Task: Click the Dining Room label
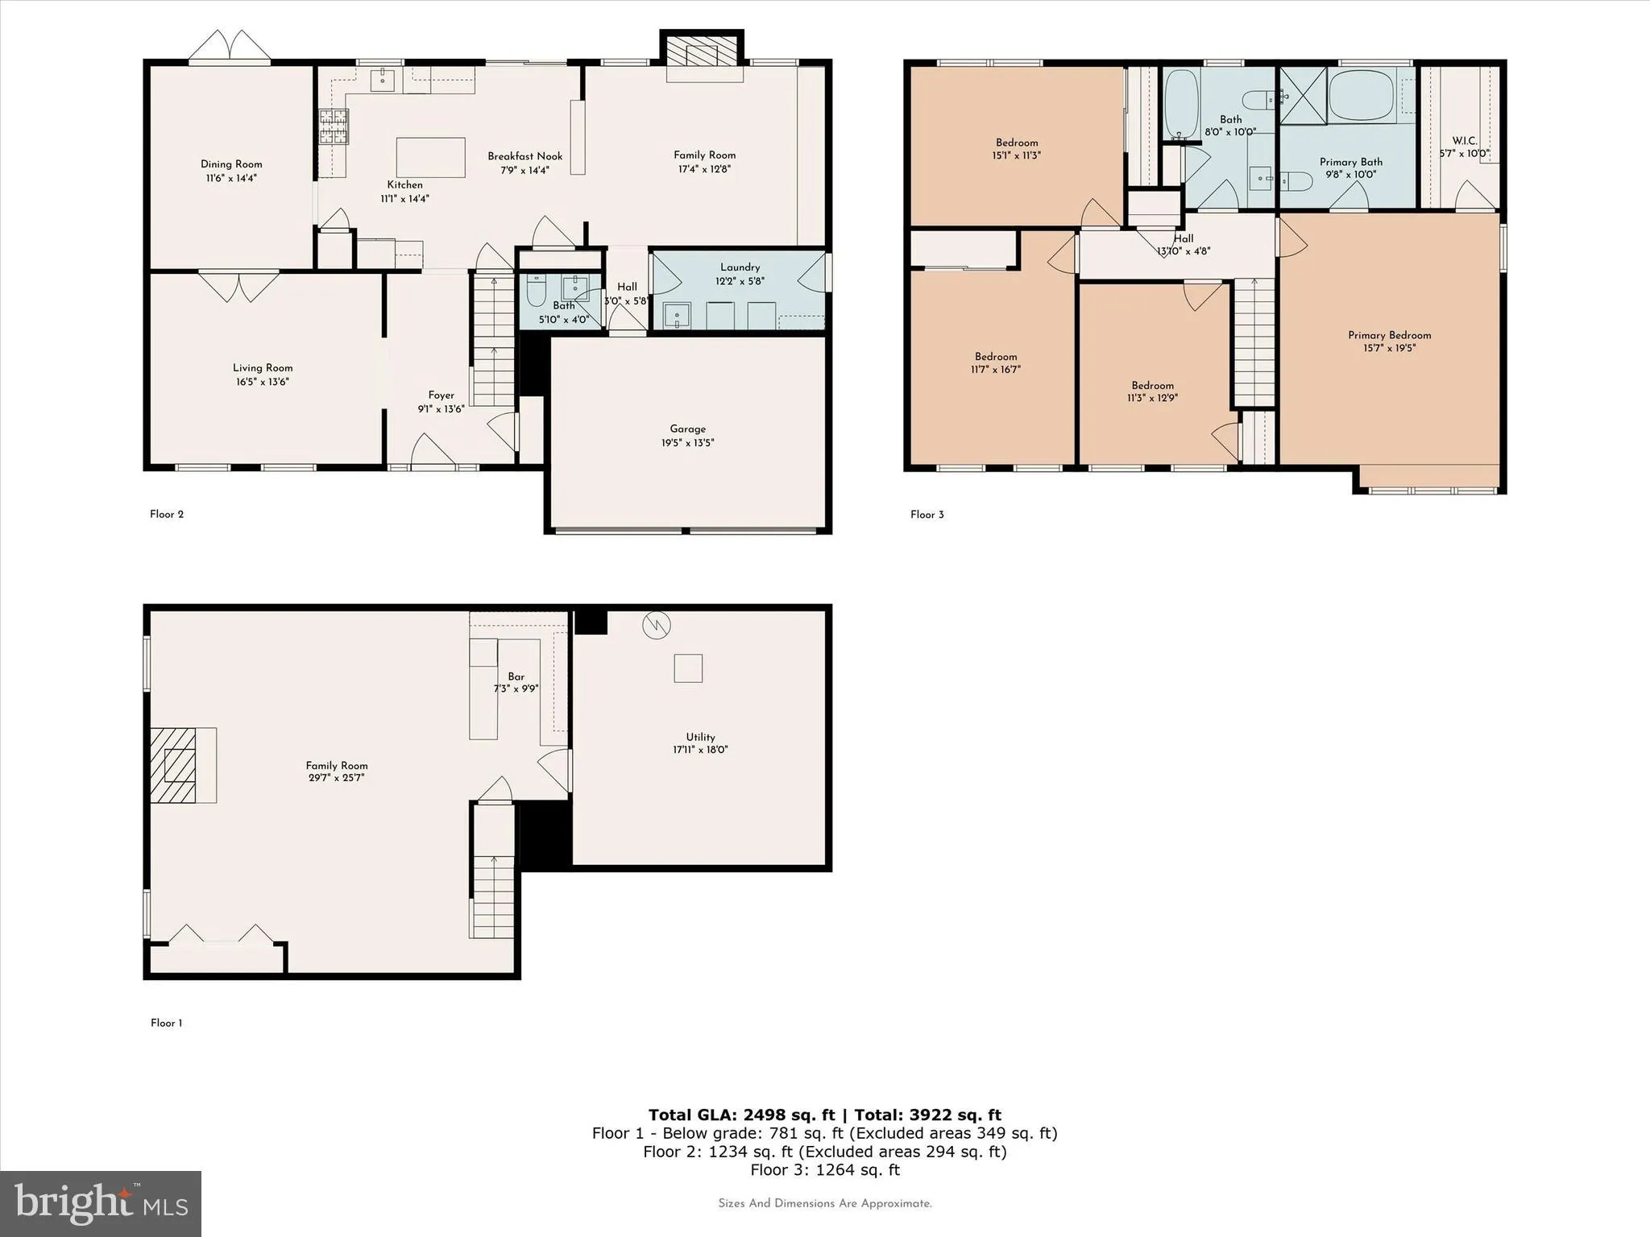(231, 164)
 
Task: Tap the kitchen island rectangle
(430, 157)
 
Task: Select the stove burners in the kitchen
(333, 126)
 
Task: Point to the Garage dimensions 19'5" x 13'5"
(687, 443)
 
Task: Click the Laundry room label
(740, 267)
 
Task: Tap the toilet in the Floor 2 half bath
(537, 292)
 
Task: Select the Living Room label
(263, 368)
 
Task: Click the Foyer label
(441, 395)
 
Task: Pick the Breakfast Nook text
(524, 156)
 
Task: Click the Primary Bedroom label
(1389, 335)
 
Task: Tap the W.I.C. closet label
(1464, 141)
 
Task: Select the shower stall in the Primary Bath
(1303, 96)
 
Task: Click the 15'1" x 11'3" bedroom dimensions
(1016, 155)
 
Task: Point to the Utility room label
(700, 737)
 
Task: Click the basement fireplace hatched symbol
(174, 765)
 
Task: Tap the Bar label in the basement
(516, 676)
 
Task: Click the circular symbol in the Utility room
(657, 625)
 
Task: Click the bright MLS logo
(101, 1203)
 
